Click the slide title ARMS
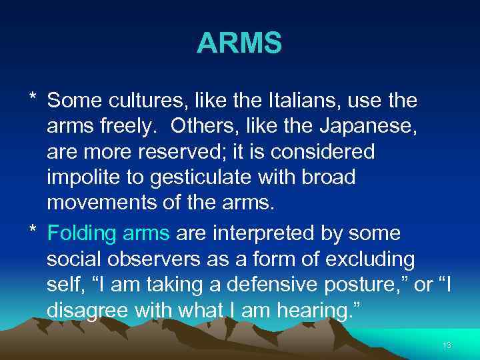[x=239, y=45]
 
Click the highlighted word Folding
[x=80, y=233]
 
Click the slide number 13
[x=446, y=345]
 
